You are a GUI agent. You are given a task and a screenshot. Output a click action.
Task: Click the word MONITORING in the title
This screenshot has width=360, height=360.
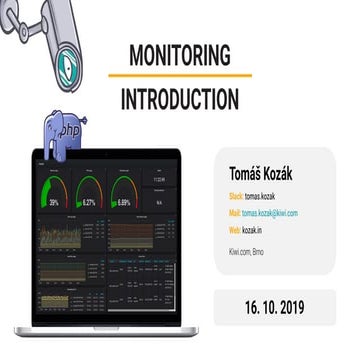pos(179,54)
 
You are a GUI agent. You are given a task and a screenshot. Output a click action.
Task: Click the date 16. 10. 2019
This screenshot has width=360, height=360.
pos(271,304)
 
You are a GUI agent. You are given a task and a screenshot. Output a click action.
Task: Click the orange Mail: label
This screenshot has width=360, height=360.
pos(236,212)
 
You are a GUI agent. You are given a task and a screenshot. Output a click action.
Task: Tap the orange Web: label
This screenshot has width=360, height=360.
pos(236,230)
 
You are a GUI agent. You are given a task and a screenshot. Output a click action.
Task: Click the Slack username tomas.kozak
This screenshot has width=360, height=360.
pos(267,195)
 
